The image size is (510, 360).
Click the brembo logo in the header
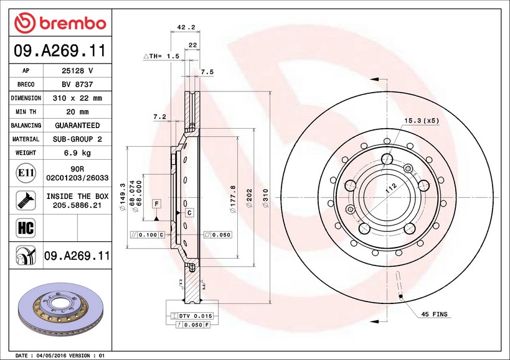[x=60, y=23]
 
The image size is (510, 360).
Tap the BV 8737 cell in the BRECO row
[x=77, y=85]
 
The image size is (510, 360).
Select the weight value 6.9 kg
[x=77, y=152]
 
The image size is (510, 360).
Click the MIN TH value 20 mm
[x=77, y=112]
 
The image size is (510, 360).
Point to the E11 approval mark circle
[x=26, y=173]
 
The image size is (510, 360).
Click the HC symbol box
[x=26, y=228]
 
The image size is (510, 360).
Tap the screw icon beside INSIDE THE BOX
[x=26, y=200]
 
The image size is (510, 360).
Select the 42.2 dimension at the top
[x=186, y=27]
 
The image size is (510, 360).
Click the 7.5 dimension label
[x=207, y=72]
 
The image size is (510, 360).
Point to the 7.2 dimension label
[x=159, y=116]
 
